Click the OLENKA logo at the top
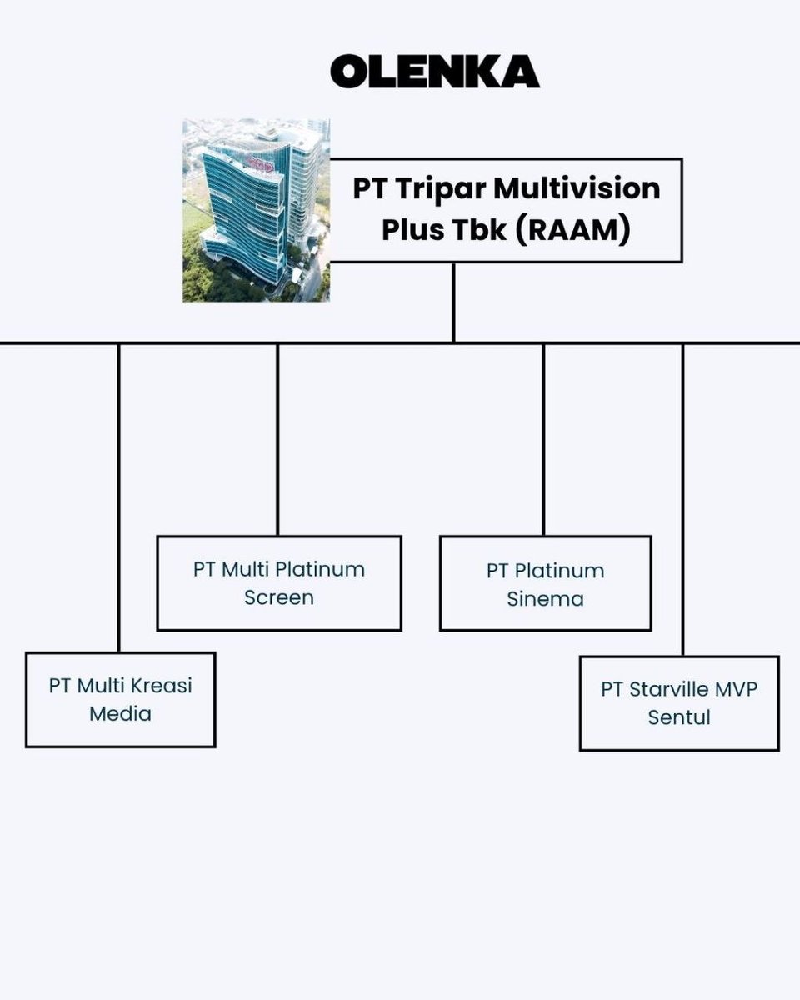(x=434, y=72)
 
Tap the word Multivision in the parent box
(x=577, y=188)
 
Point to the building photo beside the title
(x=256, y=210)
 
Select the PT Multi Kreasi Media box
(x=120, y=699)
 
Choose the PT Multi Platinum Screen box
(x=279, y=583)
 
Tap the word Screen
(x=279, y=597)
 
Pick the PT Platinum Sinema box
(x=545, y=584)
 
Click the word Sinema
(x=545, y=598)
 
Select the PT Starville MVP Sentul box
(x=679, y=703)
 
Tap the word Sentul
(x=679, y=717)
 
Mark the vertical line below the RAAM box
(x=453, y=302)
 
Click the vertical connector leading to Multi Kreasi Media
(x=119, y=500)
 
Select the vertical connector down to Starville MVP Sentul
(x=683, y=500)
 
